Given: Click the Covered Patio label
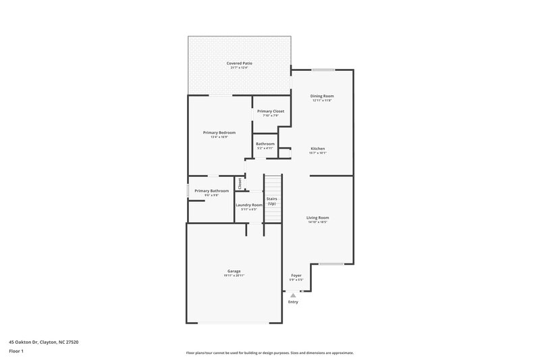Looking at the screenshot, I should click(239, 63).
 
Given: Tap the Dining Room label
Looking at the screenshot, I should click(322, 96).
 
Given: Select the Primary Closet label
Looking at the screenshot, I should click(271, 111).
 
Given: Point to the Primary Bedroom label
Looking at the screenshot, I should click(219, 132).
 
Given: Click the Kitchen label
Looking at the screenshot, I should click(318, 149).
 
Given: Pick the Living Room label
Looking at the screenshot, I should click(317, 217).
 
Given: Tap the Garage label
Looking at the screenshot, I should click(234, 272).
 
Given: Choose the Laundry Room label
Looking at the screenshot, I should click(249, 205).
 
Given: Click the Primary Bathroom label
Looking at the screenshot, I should click(212, 191).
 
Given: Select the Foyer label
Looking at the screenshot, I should click(296, 276).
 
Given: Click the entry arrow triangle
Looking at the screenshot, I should click(293, 295).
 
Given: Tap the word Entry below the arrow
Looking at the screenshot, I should click(293, 302).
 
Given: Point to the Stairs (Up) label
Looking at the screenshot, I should click(271, 201).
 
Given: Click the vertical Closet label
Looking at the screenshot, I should click(240, 183).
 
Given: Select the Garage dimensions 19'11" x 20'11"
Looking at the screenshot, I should click(234, 276).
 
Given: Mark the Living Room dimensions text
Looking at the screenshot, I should click(317, 222).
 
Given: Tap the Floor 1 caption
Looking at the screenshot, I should click(17, 352).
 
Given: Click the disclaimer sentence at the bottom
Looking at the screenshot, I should click(269, 353).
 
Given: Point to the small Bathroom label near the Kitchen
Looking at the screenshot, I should click(265, 143).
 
